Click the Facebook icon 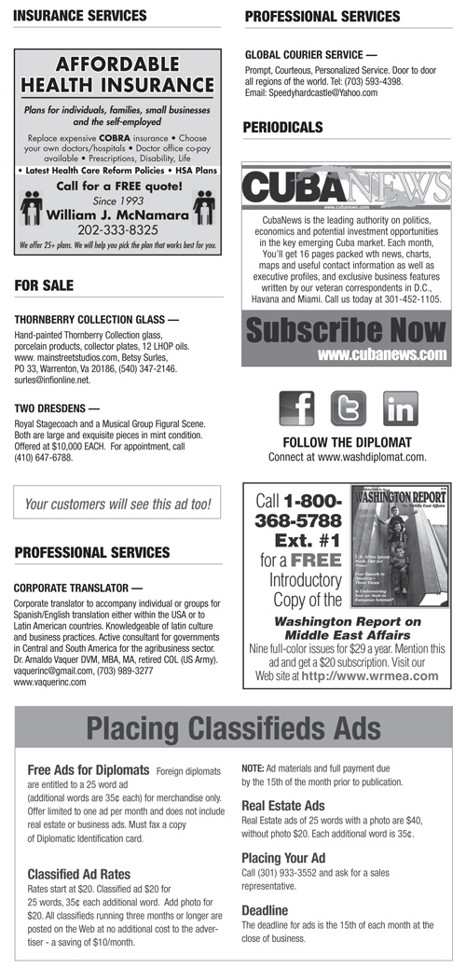tap(296, 408)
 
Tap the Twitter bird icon tap(348, 408)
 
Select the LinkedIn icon tap(400, 408)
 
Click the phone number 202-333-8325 tap(116, 228)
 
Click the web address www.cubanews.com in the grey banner tap(382, 354)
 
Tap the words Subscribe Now tap(346, 331)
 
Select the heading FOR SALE tap(44, 284)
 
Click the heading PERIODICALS tap(282, 127)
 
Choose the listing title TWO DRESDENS tap(54, 408)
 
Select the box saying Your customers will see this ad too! tap(117, 505)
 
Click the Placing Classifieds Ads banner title tap(233, 727)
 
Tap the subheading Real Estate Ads tap(282, 806)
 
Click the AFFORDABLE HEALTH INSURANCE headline tap(117, 75)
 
